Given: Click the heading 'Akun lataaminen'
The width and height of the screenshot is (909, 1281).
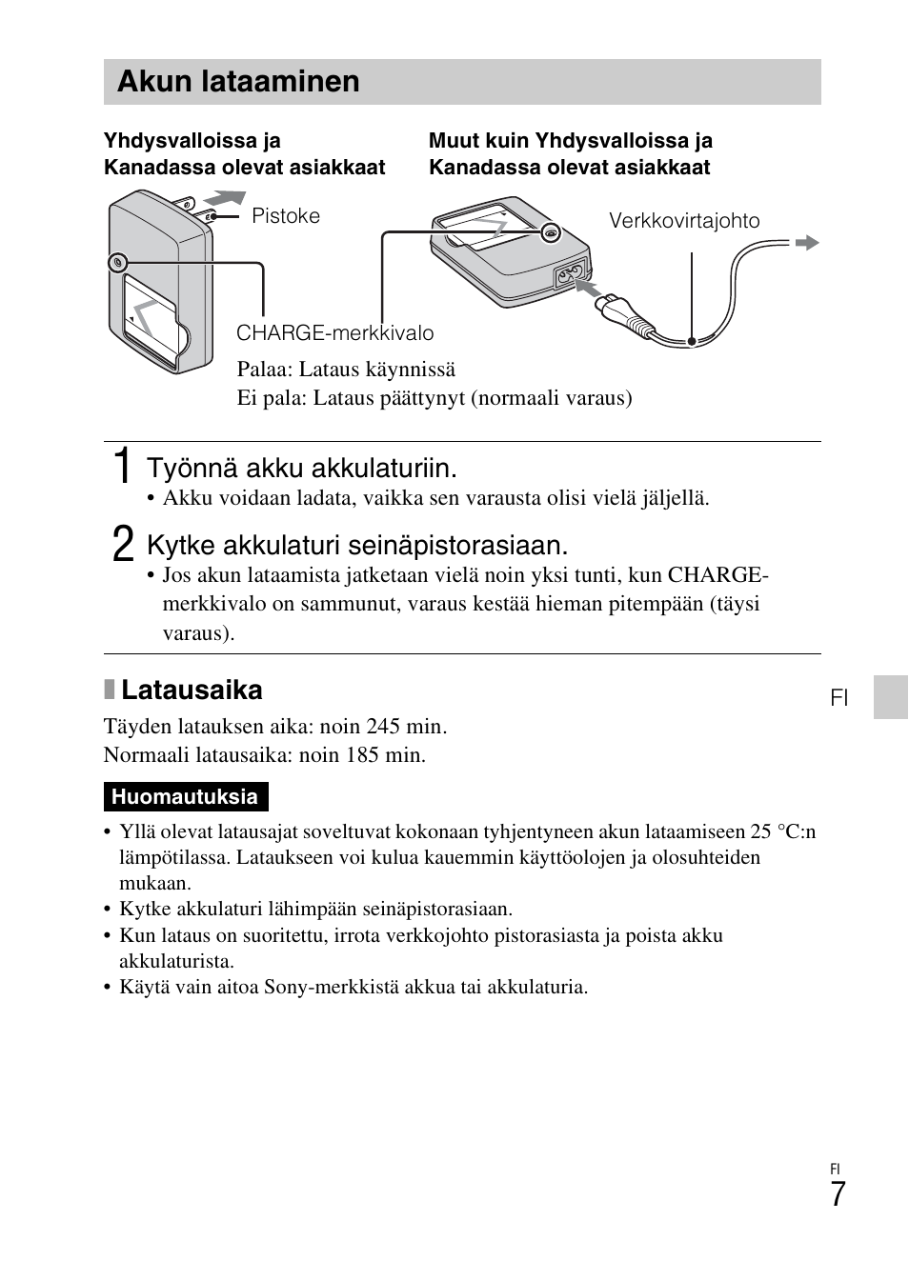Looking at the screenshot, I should coord(238,82).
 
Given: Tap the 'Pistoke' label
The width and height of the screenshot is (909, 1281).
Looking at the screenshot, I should coord(286,216).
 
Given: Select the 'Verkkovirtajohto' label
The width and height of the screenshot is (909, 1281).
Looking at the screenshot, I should coord(684,221).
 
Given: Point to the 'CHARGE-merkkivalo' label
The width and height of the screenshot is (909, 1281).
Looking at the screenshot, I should coord(334,333).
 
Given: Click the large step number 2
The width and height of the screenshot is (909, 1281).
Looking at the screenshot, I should coord(121,545).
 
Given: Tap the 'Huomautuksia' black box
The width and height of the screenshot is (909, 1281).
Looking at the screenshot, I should coord(185,797).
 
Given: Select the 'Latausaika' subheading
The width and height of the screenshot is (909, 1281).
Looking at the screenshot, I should coord(192,690).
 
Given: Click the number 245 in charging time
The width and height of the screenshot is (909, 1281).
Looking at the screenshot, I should coord(382,727).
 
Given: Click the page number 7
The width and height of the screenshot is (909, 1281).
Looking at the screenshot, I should coord(837,1194).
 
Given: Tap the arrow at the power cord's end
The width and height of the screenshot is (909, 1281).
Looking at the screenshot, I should coord(806,243).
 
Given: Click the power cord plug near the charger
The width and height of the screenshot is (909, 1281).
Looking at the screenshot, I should coord(615,307).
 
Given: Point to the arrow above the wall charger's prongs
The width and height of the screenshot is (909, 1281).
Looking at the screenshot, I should coord(224,197).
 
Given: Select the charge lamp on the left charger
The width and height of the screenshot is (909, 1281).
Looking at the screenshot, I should coord(117,261).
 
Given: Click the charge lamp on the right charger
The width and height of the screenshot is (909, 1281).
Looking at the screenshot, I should coord(549,232).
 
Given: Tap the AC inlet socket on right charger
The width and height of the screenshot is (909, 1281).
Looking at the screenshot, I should coord(568,276).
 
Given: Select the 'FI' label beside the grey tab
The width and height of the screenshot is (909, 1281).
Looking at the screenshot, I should coord(838,698).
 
